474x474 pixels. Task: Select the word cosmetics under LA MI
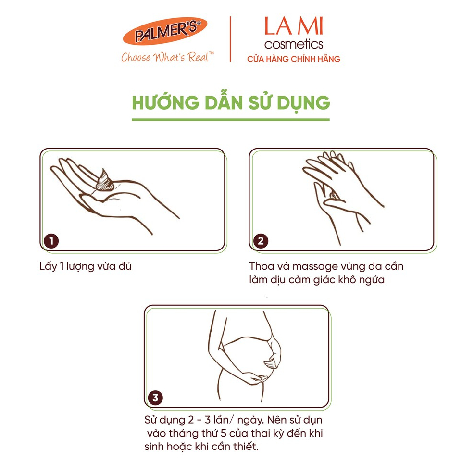point(293,44)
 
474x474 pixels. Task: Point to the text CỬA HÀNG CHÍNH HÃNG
point(293,59)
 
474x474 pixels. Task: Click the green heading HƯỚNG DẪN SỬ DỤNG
point(231,103)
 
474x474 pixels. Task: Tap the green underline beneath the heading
point(231,119)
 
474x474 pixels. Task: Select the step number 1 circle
point(51,241)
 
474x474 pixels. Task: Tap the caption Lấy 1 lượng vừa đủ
point(86,266)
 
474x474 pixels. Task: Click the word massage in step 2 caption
point(312,266)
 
